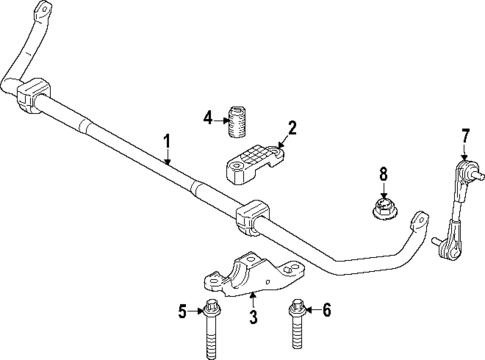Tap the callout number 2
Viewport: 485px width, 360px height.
coord(292,127)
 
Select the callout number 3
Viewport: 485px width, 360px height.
coord(253,318)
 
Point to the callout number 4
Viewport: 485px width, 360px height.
coord(208,118)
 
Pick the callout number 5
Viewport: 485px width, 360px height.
coord(183,313)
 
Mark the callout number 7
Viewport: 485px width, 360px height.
coord(464,135)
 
